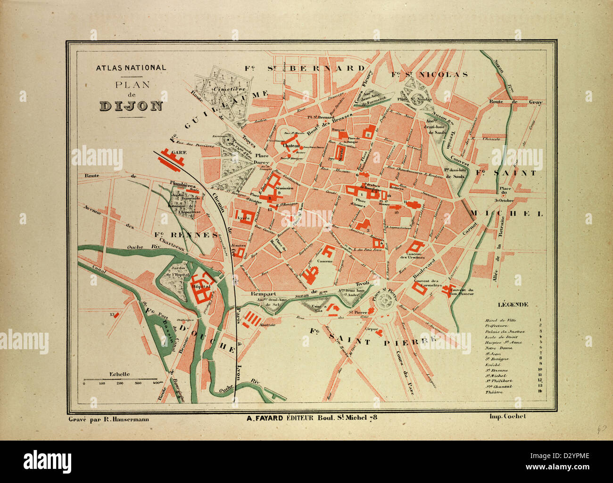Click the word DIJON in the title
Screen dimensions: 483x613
[131, 106]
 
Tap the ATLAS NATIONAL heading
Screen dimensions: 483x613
[131, 67]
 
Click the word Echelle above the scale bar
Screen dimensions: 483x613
[119, 374]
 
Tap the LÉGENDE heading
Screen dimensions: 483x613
[513, 304]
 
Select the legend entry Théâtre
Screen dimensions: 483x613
[493, 392]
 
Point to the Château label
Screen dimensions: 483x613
[291, 146]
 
